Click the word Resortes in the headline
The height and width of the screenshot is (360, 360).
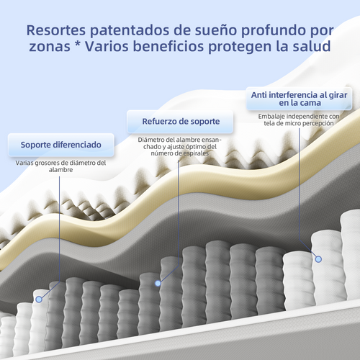click(56, 30)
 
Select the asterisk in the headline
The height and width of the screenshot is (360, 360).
click(77, 43)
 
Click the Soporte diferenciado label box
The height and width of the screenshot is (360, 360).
click(61, 145)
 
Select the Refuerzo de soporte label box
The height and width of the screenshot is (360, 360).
click(180, 122)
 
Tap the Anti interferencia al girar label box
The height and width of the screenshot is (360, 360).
click(299, 99)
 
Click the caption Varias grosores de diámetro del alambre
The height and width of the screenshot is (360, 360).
click(60, 166)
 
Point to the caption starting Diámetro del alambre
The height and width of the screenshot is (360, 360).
click(180, 146)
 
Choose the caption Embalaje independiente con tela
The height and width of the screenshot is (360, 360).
click(299, 120)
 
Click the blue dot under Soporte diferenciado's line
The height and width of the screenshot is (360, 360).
click(39, 300)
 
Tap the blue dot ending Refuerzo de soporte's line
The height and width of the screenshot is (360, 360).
click(158, 284)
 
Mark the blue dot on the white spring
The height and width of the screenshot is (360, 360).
click(318, 259)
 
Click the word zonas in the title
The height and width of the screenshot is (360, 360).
click(50, 47)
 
